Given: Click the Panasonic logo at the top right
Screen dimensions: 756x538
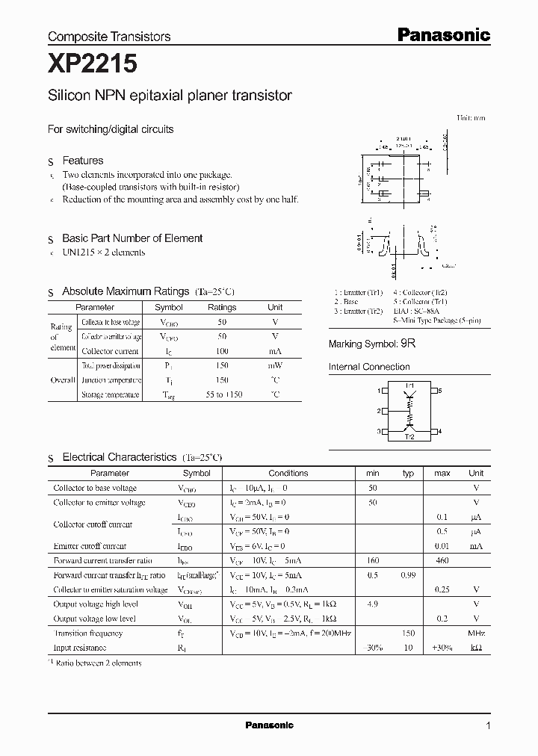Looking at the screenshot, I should [442, 34].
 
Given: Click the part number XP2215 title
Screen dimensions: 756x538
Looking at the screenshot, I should [92, 64].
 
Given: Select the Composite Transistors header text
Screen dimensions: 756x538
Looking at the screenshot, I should [109, 36].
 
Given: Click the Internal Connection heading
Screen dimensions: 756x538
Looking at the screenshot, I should [369, 367].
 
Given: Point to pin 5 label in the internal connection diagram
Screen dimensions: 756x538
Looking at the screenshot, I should [440, 391].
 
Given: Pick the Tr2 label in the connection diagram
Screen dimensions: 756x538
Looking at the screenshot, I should [409, 437].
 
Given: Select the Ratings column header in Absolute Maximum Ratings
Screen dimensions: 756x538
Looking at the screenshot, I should [222, 307].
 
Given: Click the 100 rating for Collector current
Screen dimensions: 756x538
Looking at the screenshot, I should [222, 350].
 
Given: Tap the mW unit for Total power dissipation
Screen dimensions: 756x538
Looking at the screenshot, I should [275, 365].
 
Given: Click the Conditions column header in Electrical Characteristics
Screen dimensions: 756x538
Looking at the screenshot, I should [288, 473].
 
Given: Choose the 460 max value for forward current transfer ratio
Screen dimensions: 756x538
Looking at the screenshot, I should [442, 560].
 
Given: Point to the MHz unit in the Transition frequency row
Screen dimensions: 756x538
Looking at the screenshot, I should [476, 633].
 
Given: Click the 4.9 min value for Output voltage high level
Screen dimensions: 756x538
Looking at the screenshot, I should [373, 604].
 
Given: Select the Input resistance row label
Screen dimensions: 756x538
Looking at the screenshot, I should [80, 648].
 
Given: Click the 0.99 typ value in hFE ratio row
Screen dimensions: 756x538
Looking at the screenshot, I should [408, 575].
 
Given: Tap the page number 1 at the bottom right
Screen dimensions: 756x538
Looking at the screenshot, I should [488, 726].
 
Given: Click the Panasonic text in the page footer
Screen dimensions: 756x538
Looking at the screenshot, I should [269, 725].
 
